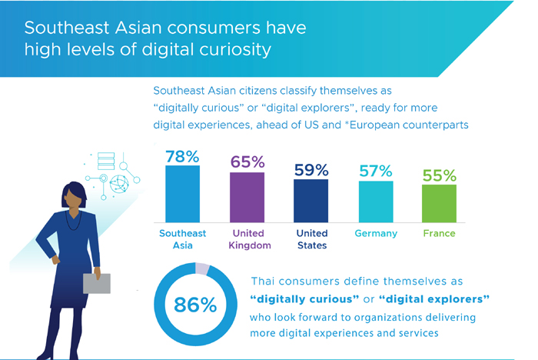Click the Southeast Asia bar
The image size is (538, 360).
[183, 194]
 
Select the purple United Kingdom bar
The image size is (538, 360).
[247, 198]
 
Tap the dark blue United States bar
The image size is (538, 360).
[311, 201]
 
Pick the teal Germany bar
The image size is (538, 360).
[376, 202]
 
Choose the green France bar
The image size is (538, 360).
[439, 204]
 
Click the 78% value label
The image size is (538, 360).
[182, 157]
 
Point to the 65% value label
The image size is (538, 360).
[247, 162]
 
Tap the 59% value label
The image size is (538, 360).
[311, 170]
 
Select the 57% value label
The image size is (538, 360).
[376, 171]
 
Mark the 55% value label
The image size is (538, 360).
[440, 175]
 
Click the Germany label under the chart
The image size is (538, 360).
[376, 234]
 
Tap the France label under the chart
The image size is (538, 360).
[439, 233]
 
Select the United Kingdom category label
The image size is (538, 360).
[250, 239]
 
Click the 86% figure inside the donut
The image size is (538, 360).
[195, 305]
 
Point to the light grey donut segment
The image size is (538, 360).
[202, 268]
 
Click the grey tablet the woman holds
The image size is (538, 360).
[97, 283]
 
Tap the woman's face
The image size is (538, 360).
[75, 200]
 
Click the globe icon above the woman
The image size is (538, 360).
[119, 184]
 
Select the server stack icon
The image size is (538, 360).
[106, 161]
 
